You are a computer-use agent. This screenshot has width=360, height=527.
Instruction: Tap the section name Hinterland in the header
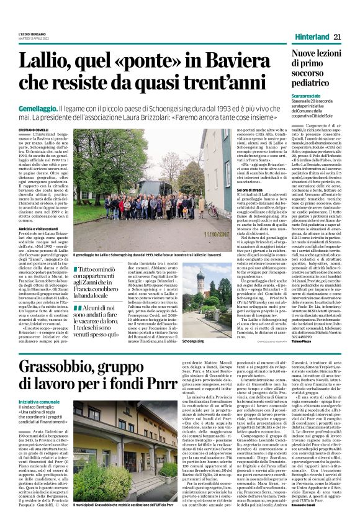308,37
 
